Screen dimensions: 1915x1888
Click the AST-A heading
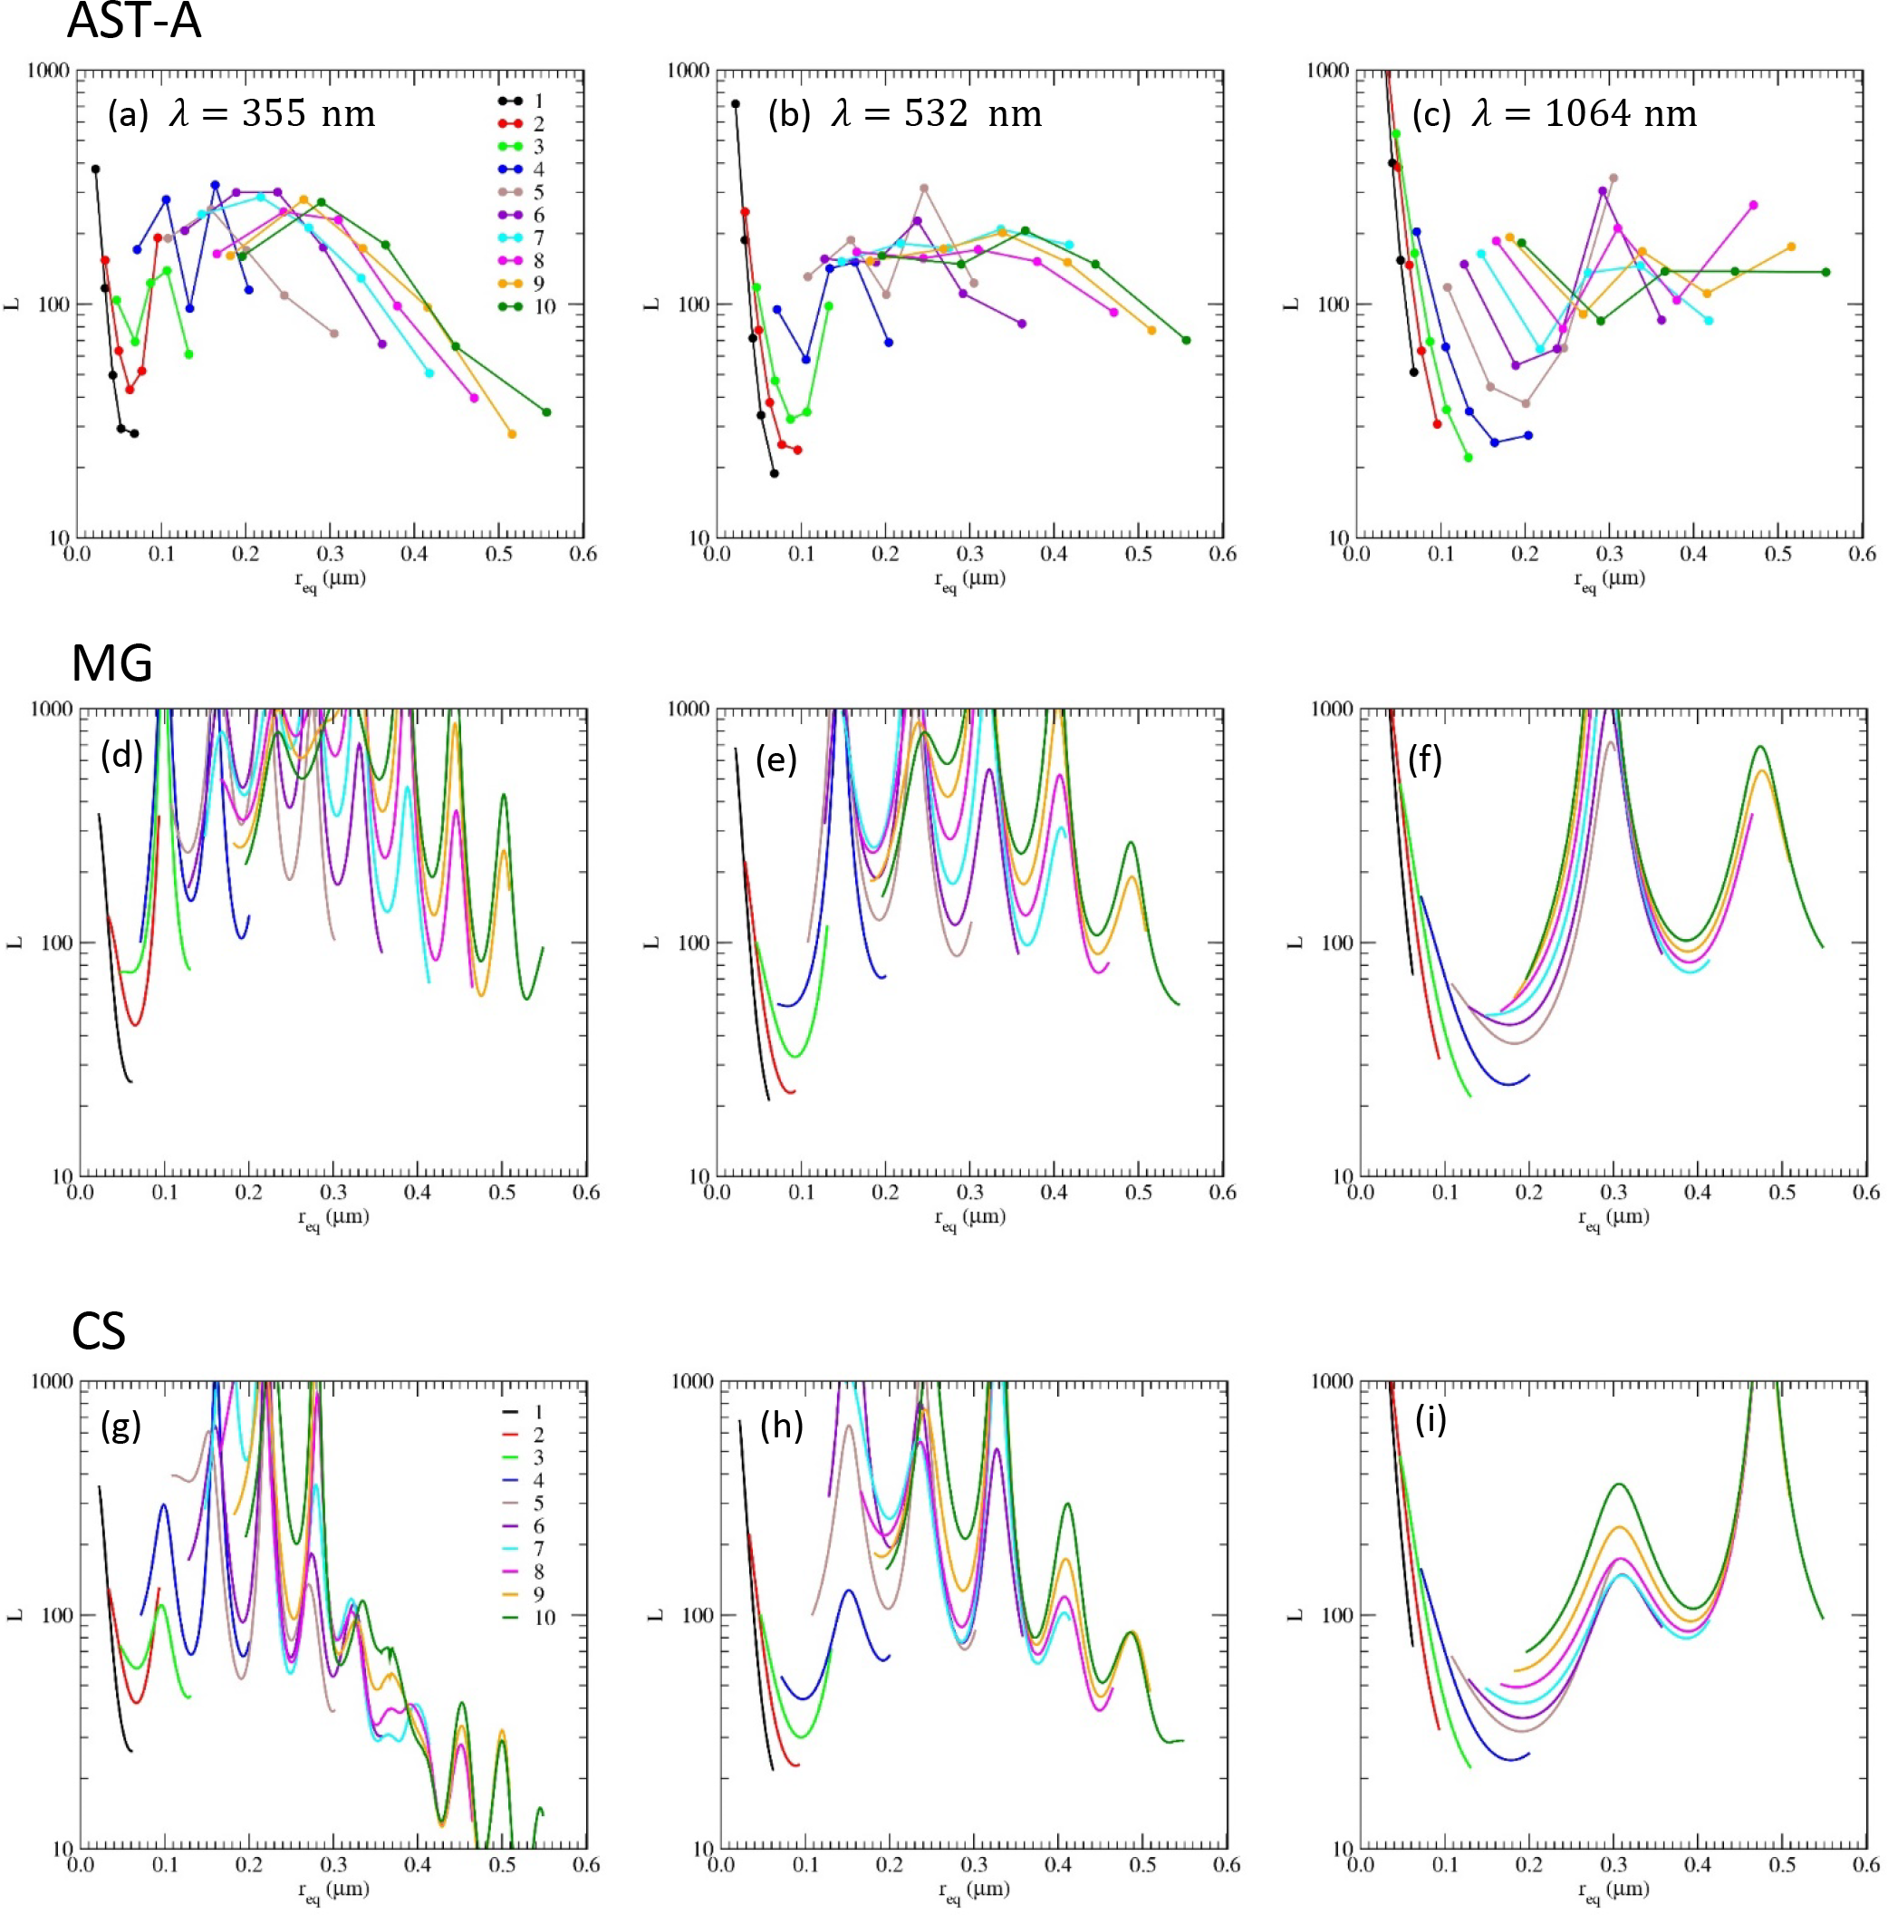click(x=134, y=22)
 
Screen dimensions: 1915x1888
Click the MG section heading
click(x=112, y=663)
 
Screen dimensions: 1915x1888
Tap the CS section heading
click(x=98, y=1331)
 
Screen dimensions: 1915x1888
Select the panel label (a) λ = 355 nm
click(x=242, y=114)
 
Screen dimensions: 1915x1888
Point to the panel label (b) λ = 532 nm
click(x=905, y=114)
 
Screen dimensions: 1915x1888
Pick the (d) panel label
click(x=120, y=755)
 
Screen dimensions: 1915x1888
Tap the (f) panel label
click(x=1424, y=759)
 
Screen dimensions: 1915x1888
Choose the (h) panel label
click(x=781, y=1426)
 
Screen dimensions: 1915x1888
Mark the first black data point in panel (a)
click(x=96, y=169)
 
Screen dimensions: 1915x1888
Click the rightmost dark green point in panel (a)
click(x=546, y=412)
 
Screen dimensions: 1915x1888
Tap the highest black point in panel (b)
click(x=736, y=104)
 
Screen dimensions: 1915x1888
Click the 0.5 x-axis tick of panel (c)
click(x=1778, y=554)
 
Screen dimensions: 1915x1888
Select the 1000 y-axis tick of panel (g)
click(x=50, y=1382)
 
